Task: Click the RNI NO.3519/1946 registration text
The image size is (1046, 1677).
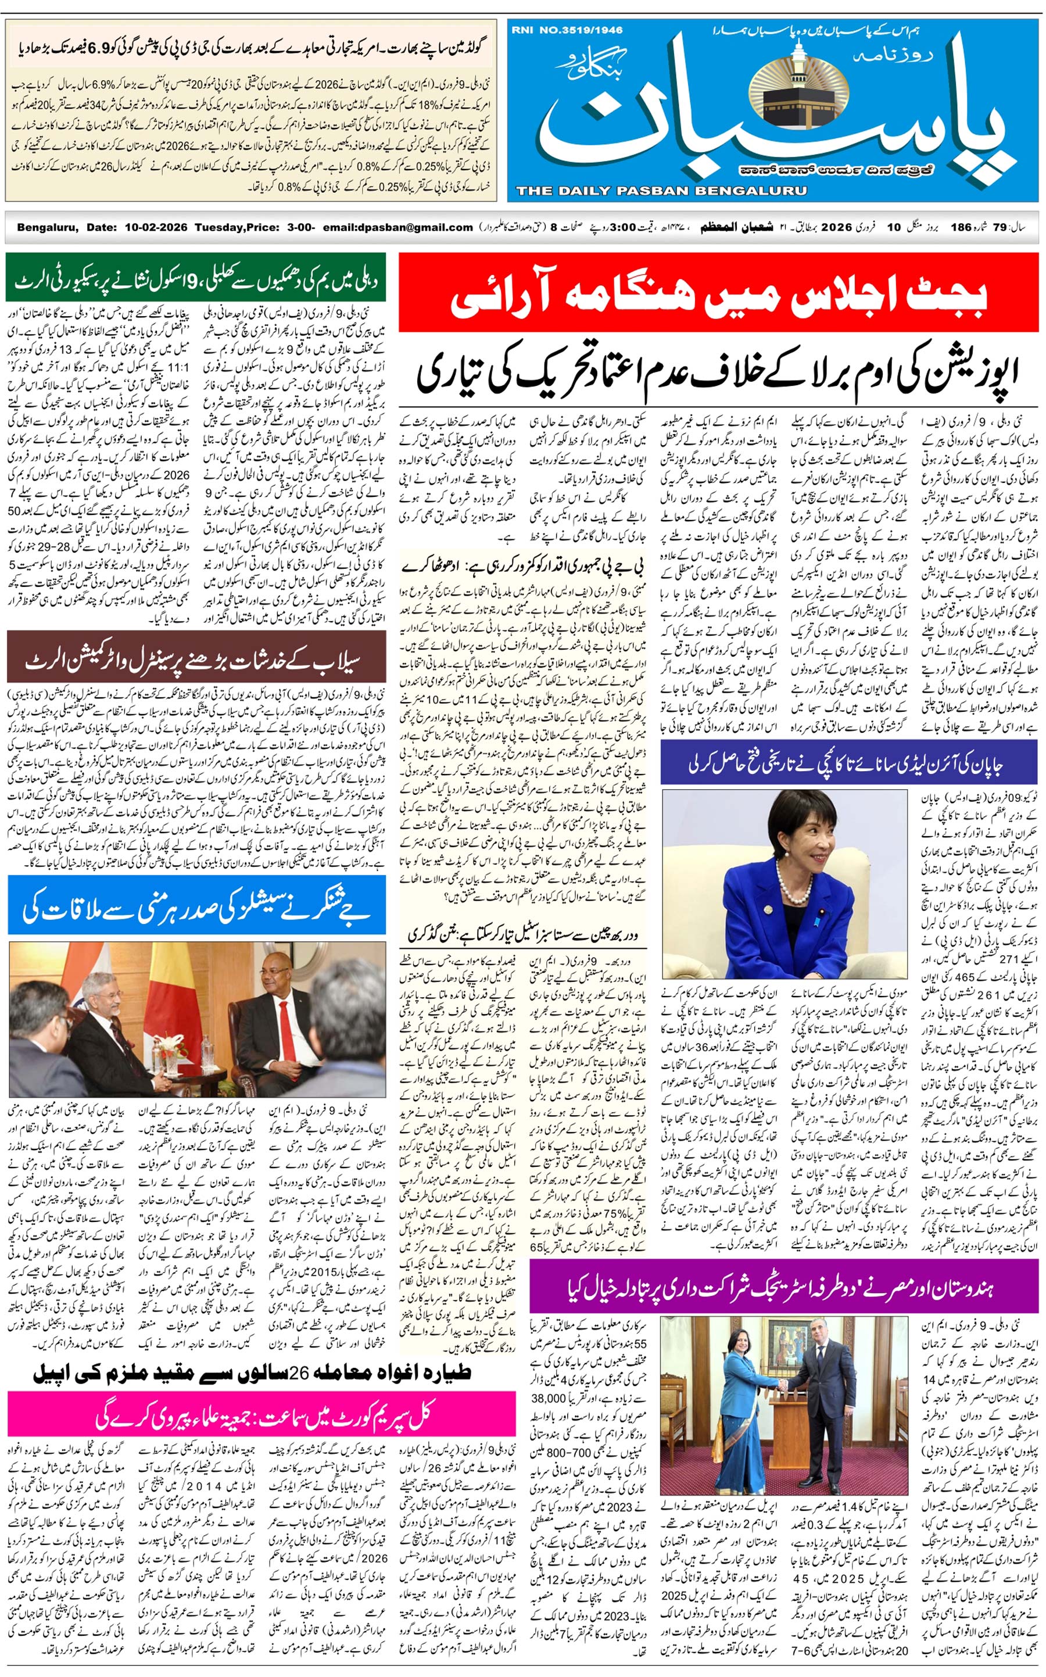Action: click(567, 30)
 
